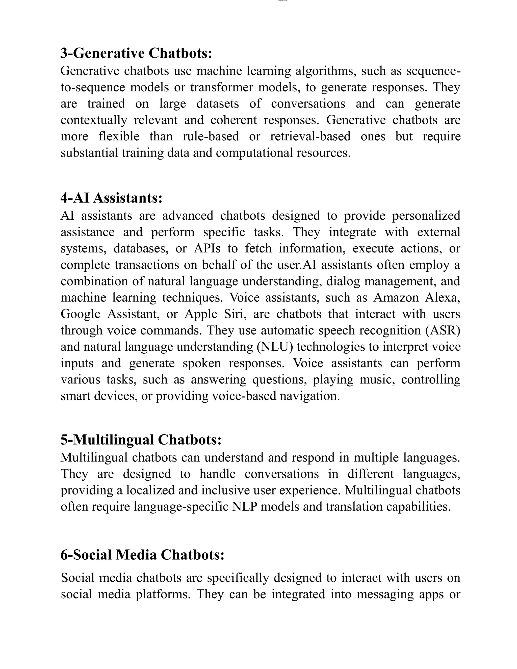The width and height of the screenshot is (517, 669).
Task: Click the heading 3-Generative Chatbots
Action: tap(136, 53)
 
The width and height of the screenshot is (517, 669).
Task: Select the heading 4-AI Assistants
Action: tap(111, 198)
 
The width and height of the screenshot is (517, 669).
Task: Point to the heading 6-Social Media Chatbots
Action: tap(142, 555)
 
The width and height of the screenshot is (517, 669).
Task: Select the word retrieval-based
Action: tap(310, 136)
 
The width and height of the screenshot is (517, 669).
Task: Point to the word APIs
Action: tap(207, 248)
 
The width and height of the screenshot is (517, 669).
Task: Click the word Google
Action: tap(80, 314)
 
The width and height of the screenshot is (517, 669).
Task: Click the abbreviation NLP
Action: tap(244, 507)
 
